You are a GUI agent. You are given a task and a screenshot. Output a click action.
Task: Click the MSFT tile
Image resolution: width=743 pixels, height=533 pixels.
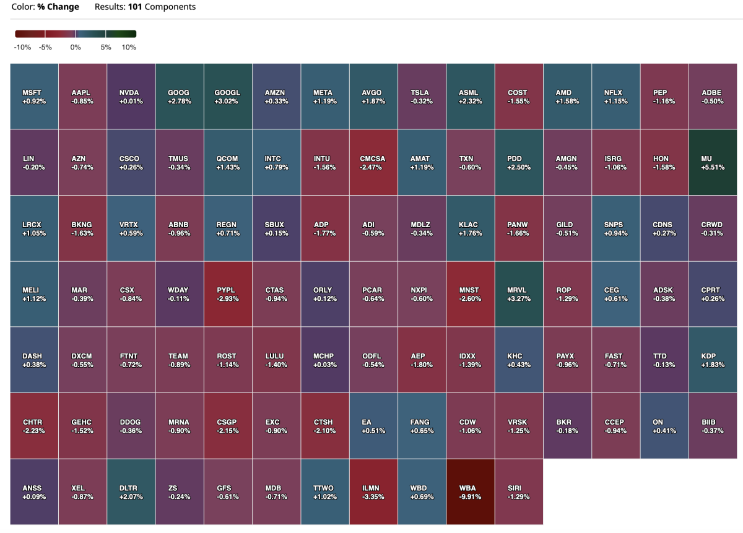coord(34,97)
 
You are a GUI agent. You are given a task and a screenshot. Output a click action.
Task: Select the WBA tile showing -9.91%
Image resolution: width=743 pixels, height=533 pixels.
coord(470,492)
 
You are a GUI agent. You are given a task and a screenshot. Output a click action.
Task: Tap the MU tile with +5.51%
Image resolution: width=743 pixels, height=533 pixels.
coord(712,163)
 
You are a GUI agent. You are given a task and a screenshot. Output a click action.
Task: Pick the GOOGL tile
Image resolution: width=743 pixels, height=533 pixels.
coord(228,97)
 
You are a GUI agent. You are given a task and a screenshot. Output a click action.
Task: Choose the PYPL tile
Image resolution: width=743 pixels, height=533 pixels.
coord(228,294)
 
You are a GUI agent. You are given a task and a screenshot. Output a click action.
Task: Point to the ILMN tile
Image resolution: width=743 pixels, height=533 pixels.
coord(373,492)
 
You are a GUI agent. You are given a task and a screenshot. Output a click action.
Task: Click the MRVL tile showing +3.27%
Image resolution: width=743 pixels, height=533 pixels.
coord(518,294)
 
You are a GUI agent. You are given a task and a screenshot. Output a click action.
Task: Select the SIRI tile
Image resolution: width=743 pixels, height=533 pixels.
coord(518,492)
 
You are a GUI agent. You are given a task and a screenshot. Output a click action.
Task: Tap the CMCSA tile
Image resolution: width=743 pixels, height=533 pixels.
coord(373,163)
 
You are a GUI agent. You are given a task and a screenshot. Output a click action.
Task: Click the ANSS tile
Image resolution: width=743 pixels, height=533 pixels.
coord(34,492)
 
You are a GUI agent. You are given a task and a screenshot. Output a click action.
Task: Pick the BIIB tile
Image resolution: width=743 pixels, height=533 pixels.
coord(712,427)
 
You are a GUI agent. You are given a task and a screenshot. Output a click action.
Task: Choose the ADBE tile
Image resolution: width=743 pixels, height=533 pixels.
coord(712,97)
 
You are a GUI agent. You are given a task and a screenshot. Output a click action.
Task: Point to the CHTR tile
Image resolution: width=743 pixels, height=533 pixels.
coord(34,427)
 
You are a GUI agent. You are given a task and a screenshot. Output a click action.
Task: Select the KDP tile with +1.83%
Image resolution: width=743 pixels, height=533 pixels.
coord(712,360)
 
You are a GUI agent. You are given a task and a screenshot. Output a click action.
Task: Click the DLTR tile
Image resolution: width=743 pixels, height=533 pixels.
coord(131,492)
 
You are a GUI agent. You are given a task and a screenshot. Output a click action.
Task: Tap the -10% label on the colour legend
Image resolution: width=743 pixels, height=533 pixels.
coord(23,47)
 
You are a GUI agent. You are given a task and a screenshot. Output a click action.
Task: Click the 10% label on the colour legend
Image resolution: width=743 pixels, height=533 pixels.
coord(129,47)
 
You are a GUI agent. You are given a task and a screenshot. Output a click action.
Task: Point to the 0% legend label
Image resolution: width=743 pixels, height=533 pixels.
coord(76,47)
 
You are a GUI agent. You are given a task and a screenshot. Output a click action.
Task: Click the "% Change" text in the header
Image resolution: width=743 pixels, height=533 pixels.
coord(58,7)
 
